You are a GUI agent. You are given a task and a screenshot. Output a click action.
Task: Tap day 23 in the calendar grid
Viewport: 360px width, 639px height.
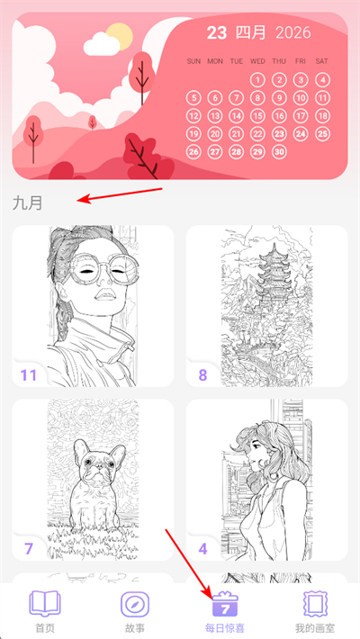[279, 134]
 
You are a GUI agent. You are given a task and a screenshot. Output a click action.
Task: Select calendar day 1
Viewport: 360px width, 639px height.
[257, 80]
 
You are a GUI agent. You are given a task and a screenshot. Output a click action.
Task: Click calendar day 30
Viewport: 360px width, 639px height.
[279, 152]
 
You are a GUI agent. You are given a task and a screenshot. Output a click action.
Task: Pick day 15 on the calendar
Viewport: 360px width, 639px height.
[257, 116]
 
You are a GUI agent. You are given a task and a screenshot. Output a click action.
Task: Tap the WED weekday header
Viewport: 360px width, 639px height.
[257, 61]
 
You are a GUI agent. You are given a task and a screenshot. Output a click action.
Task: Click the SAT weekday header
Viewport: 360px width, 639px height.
[321, 61]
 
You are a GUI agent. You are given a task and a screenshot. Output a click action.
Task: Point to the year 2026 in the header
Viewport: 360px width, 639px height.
[293, 32]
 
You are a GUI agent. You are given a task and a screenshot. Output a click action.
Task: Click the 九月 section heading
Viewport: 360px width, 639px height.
[27, 202]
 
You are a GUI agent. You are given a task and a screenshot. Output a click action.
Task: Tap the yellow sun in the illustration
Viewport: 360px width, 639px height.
[120, 36]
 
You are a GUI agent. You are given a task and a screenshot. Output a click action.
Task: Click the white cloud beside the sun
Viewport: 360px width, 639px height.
[102, 44]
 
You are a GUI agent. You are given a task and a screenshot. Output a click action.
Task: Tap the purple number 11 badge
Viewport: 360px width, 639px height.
[29, 375]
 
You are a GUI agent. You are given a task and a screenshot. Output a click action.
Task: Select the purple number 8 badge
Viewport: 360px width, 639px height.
[202, 375]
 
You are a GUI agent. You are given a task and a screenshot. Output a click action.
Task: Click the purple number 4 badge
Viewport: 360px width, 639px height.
[202, 549]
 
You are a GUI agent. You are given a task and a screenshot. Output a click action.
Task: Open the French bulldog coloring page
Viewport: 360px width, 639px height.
[93, 480]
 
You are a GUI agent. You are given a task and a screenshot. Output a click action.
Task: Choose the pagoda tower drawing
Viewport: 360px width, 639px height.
[267, 306]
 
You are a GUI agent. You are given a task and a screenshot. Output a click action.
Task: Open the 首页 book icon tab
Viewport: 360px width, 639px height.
[45, 604]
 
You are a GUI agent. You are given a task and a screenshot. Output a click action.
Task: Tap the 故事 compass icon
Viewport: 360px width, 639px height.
[134, 605]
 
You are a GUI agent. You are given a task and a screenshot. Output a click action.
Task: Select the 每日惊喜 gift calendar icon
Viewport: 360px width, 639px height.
[225, 604]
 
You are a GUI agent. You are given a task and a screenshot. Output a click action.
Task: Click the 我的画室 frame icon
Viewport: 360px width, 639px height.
[315, 605]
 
